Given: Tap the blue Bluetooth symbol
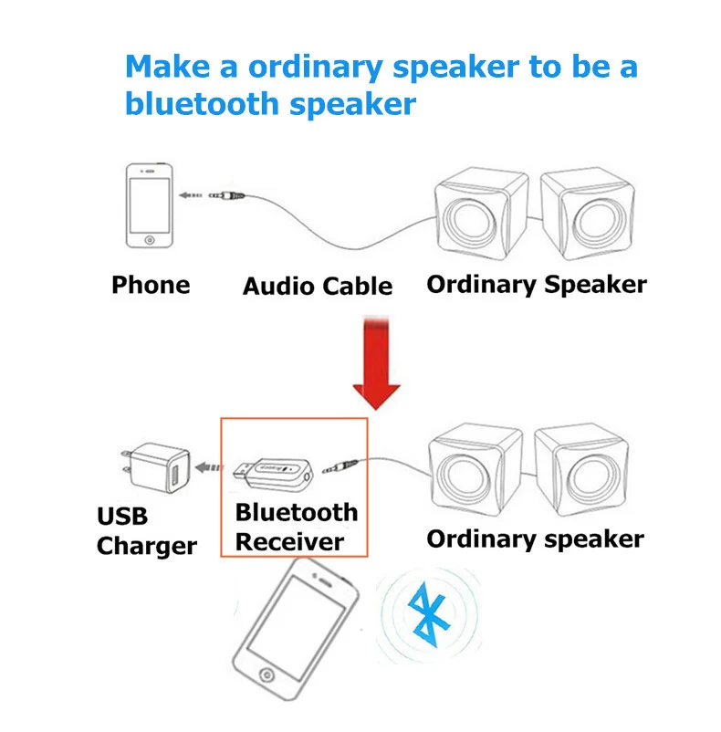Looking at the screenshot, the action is pos(428,615).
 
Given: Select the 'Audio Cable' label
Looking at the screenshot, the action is pos(318,287).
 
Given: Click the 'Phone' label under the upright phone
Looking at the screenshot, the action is pos(151,284).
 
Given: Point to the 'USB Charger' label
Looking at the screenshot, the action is pos(147,531).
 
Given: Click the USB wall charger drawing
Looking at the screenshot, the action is pos(156,467).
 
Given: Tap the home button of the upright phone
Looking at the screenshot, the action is pos(150,240).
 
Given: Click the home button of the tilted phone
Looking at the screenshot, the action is pos(266,675).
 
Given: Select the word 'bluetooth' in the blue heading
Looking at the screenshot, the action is pos(202,104).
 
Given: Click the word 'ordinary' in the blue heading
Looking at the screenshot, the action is pos(316,68).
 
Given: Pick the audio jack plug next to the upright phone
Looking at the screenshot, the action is pos(227,195).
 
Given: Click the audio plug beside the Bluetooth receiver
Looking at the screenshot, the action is pos(340,465).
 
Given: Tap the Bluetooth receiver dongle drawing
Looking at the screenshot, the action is pos(274,473).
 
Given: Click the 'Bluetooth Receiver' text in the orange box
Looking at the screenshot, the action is pos(297,527).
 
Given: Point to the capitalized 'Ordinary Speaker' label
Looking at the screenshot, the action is pos(537,285).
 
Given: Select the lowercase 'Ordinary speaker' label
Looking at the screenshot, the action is pos(535,539).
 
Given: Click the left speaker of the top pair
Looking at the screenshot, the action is pos(481,214).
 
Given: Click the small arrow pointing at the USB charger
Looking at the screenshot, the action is pos(209,466).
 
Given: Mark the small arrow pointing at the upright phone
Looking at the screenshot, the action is pos(191,195).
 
